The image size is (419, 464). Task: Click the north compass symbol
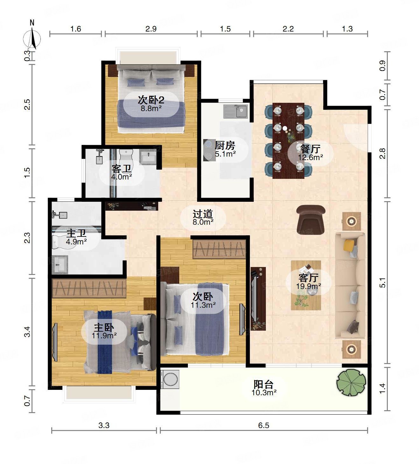(x=32, y=37)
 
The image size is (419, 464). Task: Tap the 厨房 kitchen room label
(x=225, y=145)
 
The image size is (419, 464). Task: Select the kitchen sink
(x=235, y=111)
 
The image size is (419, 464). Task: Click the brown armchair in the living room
(x=311, y=220)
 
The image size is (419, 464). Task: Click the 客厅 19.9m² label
(x=309, y=282)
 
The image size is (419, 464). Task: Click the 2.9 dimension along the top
(x=151, y=29)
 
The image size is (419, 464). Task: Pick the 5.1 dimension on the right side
(x=383, y=282)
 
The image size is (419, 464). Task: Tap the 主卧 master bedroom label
(x=104, y=327)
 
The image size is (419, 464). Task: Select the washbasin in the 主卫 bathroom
(x=60, y=264)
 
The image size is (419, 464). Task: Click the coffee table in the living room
(x=306, y=285)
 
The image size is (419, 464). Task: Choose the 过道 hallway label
(x=203, y=214)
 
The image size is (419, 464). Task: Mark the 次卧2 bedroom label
(x=151, y=100)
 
